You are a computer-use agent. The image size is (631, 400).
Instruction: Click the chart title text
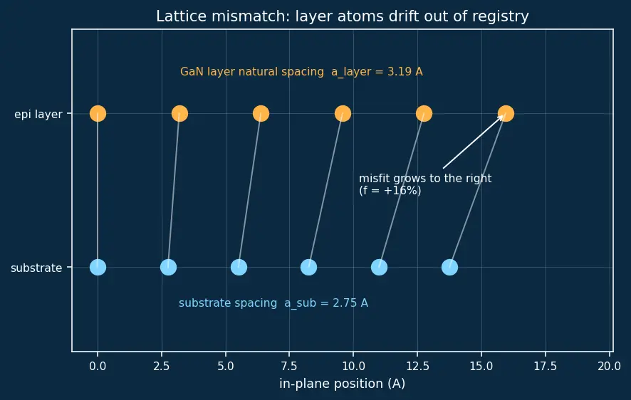point(342,16)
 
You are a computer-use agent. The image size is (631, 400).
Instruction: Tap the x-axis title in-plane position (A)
point(342,384)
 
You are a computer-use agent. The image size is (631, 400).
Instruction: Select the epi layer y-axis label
point(38,115)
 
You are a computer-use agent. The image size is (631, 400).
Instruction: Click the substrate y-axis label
point(36,268)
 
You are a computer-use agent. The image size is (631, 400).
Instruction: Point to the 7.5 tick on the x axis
point(289,367)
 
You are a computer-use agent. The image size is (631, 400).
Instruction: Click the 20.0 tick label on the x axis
point(609,367)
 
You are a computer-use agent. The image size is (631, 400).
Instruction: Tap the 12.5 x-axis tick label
point(418,367)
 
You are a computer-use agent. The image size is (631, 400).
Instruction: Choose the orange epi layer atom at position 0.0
point(98,114)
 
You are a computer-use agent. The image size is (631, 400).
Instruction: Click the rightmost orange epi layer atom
point(506,114)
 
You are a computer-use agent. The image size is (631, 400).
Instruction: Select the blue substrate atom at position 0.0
point(98,268)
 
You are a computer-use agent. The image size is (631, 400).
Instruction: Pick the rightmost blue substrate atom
point(449,268)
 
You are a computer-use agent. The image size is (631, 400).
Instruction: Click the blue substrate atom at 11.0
point(379,268)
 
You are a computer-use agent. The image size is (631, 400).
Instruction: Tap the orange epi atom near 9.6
point(343,114)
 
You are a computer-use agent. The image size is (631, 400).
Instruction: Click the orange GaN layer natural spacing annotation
point(301,72)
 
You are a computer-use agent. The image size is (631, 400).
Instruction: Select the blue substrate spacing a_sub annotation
point(273,303)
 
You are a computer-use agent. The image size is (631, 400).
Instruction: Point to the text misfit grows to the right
point(425,179)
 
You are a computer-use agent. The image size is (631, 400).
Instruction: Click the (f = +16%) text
point(390,190)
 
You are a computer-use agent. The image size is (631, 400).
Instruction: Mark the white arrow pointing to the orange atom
point(473,142)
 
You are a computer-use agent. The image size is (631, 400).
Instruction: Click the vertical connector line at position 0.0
point(98,191)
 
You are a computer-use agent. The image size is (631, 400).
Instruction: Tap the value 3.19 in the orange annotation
point(400,72)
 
